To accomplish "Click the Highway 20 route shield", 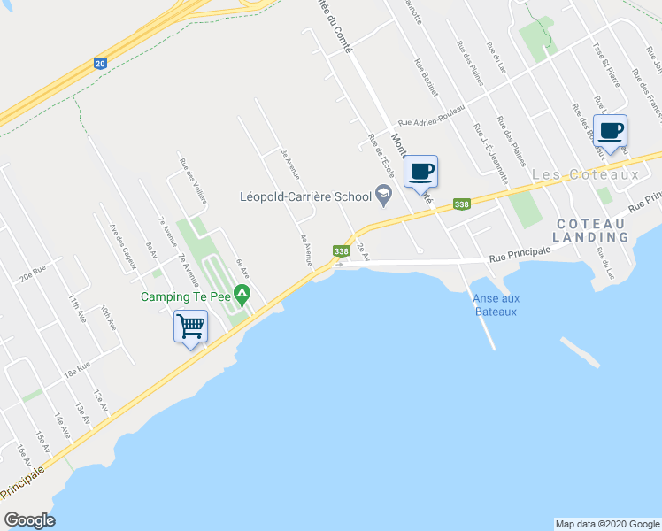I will (x=101, y=64).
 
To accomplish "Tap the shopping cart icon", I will (x=191, y=326).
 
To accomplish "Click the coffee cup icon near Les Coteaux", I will (x=610, y=130).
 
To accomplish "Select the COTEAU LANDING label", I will (x=590, y=231).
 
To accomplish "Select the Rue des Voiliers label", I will (x=193, y=181).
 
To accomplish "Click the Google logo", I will (x=29, y=520).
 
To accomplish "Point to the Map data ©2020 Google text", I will (x=606, y=524).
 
